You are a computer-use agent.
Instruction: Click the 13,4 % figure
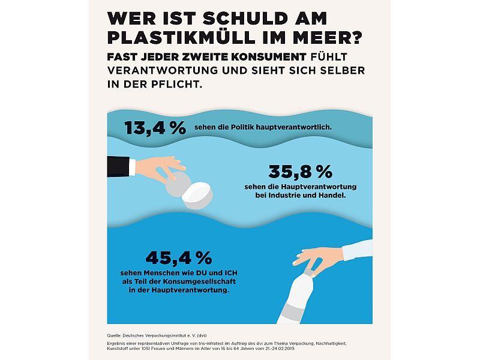click(x=155, y=128)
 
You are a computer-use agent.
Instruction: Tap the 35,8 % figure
click(x=301, y=172)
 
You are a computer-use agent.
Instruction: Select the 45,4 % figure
click(x=179, y=258)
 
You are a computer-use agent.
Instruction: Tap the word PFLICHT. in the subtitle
click(x=176, y=84)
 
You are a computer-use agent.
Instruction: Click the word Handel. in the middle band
click(x=333, y=195)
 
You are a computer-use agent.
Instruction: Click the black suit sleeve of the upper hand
click(x=118, y=167)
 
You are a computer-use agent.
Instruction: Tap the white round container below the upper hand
click(x=197, y=196)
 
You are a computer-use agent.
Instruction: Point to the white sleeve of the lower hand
click(x=357, y=250)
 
